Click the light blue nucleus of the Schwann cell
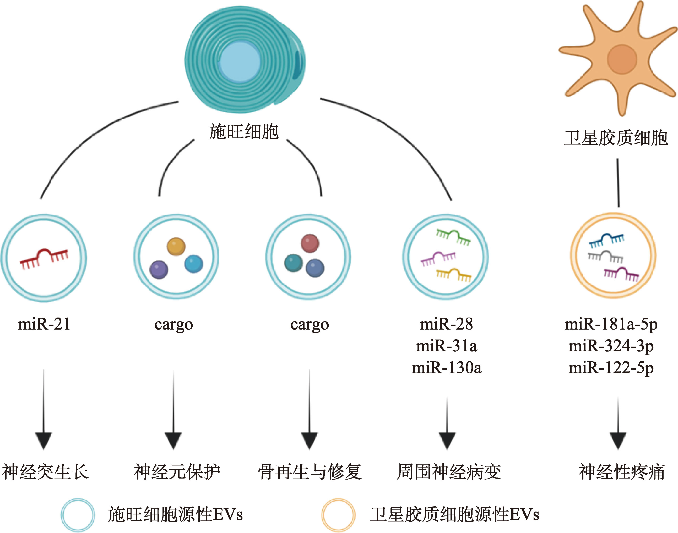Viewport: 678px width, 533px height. pos(240,62)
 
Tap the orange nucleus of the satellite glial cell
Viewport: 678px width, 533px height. pos(622,59)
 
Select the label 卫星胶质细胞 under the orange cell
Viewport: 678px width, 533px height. pos(616,138)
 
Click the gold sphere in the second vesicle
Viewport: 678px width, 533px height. pos(176,246)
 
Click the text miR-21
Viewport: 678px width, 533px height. pos(44,324)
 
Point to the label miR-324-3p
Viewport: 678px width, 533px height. pos(611,346)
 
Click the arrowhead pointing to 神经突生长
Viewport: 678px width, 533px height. pos(44,440)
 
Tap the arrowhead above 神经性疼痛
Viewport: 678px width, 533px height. pos(618,440)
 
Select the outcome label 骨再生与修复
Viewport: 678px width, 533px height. pos(310,472)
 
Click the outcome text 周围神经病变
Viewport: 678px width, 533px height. pos(449,472)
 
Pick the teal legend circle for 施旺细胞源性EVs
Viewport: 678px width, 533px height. pos(78,515)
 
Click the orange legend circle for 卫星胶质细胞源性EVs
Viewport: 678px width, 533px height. pos(338,515)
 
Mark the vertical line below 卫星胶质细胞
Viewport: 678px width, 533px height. pos(618,182)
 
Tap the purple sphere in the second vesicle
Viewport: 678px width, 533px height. pos(159,269)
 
